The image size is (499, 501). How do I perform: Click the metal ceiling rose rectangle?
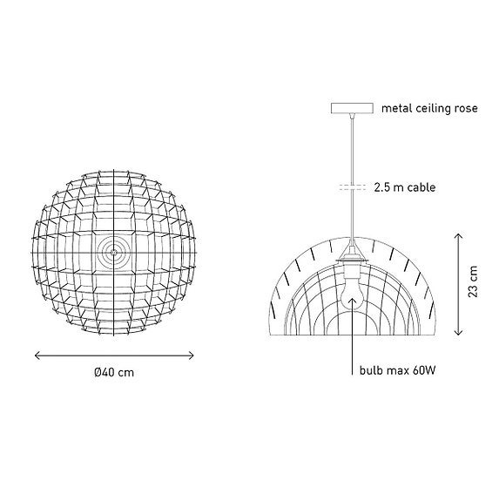point(351,108)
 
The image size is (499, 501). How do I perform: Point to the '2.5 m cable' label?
point(404,187)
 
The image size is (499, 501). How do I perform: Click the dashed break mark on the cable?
point(351,187)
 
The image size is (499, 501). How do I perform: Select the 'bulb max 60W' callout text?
point(397,370)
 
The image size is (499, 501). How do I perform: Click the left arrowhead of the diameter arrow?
point(37,355)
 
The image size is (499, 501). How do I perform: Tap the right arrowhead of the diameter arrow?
point(192,355)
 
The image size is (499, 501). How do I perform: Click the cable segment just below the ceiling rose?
point(351,139)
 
